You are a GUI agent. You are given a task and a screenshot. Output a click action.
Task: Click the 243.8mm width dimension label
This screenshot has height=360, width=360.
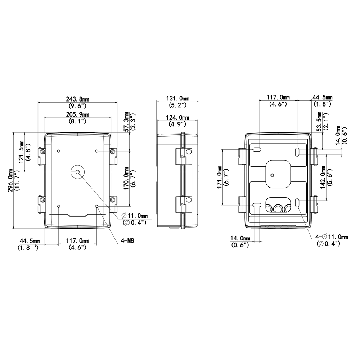(78, 99)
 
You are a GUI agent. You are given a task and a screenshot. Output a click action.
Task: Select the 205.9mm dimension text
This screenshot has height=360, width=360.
(78, 114)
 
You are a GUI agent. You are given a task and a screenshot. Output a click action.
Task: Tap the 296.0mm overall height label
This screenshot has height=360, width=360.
(10, 180)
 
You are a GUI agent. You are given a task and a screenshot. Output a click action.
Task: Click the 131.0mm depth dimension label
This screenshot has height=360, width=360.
(177, 98)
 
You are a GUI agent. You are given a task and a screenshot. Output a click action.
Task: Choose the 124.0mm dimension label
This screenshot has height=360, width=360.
(177, 117)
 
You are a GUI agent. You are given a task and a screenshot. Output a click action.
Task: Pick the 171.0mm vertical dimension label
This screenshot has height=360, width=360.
(220, 177)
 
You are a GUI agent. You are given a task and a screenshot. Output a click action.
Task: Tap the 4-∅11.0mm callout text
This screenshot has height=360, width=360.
(332, 237)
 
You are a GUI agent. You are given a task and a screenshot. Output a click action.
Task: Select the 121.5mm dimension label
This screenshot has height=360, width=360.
(21, 152)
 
